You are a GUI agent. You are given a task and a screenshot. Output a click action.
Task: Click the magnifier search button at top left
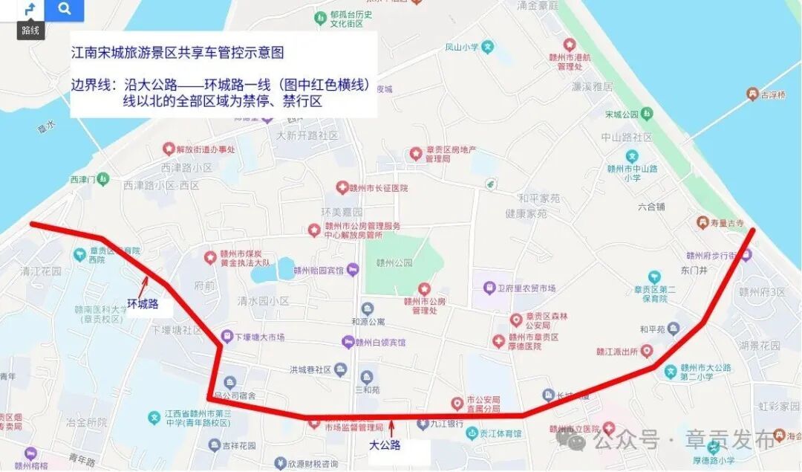(x=65, y=10)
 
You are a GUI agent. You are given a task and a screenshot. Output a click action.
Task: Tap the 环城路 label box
(x=143, y=304)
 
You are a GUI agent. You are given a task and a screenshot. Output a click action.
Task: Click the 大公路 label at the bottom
(x=385, y=445)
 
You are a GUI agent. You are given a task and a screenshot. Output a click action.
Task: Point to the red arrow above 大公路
(x=391, y=429)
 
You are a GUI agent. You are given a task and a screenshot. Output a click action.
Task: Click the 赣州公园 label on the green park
(x=394, y=262)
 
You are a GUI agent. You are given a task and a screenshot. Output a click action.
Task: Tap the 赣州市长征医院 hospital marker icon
(x=342, y=187)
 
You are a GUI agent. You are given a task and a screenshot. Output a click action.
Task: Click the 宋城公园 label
(x=622, y=114)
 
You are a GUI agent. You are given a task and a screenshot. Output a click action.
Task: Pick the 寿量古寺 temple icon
(x=702, y=222)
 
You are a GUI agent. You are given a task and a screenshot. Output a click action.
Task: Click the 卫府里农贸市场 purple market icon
(x=489, y=288)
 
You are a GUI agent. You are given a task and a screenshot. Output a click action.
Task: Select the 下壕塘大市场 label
(x=260, y=337)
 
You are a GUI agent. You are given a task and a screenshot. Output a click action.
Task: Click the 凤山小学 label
(x=461, y=47)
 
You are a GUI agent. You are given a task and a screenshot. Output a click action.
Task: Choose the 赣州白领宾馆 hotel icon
(x=348, y=342)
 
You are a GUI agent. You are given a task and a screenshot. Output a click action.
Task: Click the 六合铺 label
(x=651, y=207)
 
